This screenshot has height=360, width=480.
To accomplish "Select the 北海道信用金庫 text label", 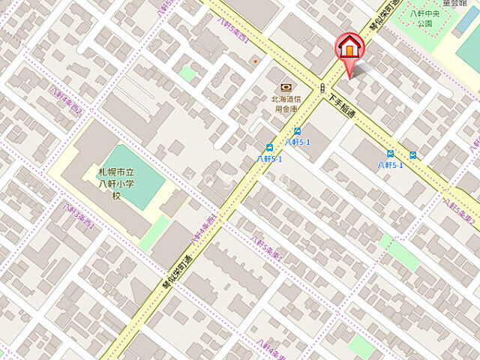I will click(x=284, y=103).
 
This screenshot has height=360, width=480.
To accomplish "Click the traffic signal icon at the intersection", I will click(x=322, y=88).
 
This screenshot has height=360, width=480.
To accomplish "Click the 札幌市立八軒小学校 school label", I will click(x=116, y=183).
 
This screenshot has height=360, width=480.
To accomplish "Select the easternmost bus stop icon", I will click(x=412, y=155).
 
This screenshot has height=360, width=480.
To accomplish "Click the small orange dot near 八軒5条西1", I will click(x=255, y=61).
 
